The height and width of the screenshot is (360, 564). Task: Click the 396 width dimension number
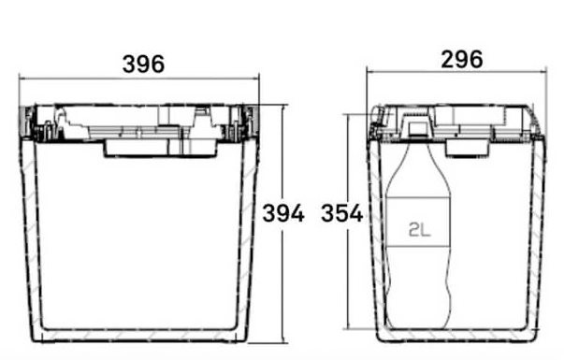(143, 65)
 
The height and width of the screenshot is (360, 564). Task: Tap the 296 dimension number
(462, 60)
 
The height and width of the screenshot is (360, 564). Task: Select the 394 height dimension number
(283, 213)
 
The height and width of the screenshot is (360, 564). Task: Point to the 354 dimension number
(342, 213)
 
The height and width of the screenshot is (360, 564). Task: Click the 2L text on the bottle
(419, 229)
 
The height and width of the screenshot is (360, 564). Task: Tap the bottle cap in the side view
(417, 128)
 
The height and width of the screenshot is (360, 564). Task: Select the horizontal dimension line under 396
(139, 78)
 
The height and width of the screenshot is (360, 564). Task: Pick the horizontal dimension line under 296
(456, 72)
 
